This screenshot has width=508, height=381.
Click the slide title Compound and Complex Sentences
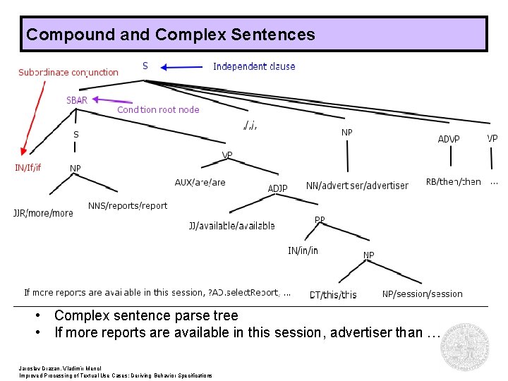170,34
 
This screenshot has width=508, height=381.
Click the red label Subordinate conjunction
68,72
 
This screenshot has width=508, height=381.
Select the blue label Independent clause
254,66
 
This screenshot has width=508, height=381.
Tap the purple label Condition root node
158,109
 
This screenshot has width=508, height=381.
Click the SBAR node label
76,100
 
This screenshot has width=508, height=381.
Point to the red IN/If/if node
28,167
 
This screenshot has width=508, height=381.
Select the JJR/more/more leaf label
43,213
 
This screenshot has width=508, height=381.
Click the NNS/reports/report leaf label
128,206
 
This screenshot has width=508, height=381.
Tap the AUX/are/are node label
200,182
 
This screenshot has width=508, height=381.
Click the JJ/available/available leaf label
231,226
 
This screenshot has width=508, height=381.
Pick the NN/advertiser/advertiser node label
357,186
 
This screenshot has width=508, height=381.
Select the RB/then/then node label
453,181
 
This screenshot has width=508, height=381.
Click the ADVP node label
449,139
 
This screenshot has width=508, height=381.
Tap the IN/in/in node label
303,250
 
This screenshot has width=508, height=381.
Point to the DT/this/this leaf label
333,295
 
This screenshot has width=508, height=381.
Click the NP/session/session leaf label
422,294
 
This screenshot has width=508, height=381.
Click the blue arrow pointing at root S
182,67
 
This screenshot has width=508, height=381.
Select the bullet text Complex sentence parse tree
146,315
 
